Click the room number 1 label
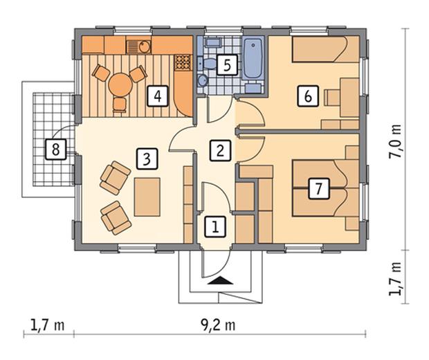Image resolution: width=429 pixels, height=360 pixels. [215, 226]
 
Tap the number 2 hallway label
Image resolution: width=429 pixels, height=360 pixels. [221, 150]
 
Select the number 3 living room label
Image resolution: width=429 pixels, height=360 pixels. [147, 159]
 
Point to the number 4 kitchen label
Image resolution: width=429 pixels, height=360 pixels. [158, 96]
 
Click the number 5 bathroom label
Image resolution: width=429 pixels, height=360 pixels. [227, 65]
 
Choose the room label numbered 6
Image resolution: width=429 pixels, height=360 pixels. [309, 96]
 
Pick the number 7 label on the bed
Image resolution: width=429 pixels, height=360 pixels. [319, 188]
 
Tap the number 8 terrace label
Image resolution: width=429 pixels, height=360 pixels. [56, 150]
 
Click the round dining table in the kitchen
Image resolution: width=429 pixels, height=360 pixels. [120, 84]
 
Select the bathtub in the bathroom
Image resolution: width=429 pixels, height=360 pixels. [253, 58]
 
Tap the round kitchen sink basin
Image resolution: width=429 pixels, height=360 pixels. [145, 47]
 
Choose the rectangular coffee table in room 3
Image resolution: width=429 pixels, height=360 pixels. [147, 197]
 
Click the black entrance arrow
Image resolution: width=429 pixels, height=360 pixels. [220, 280]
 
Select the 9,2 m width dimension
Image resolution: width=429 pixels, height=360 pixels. [218, 325]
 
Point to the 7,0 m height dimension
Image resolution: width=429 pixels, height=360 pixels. [395, 141]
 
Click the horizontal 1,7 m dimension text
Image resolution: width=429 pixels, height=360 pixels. [48, 325]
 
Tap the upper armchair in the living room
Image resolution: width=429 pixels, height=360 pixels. [115, 178]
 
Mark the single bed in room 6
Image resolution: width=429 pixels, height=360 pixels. [326, 50]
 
